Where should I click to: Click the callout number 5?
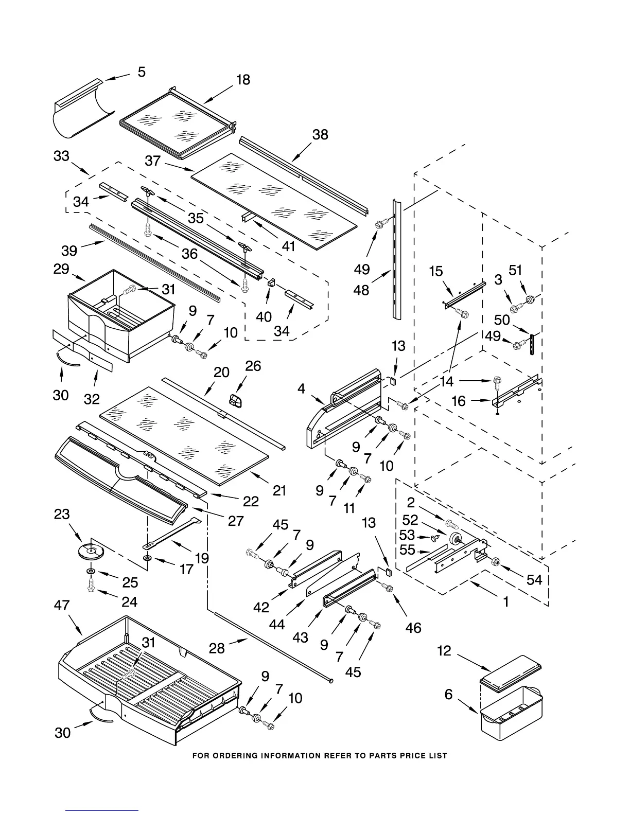(142, 72)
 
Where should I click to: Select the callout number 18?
(243, 80)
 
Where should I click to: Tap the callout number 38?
(320, 134)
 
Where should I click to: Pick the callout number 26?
(253, 366)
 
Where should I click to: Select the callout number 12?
(444, 650)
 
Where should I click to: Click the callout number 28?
(217, 648)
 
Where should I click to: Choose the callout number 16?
(459, 401)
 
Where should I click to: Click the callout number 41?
(288, 246)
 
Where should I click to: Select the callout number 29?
(61, 269)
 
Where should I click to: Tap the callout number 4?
(301, 388)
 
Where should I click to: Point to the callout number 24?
(129, 601)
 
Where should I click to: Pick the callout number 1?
(506, 601)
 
